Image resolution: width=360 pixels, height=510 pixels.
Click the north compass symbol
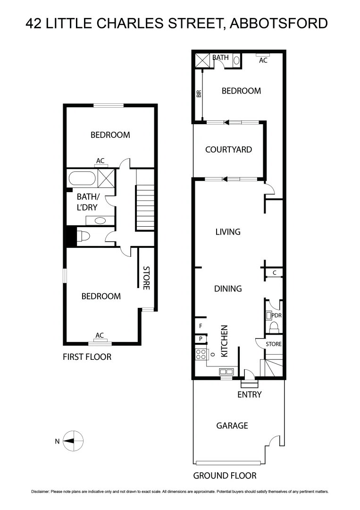point(73,441)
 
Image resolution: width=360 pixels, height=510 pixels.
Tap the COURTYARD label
point(228,150)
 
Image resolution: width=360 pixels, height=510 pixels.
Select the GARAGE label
point(232,425)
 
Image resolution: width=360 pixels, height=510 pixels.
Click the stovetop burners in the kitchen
point(200,354)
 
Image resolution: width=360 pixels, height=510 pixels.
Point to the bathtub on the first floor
point(82,179)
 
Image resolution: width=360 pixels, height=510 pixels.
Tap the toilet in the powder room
point(273,327)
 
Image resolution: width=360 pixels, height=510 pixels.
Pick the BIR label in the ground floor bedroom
point(199,93)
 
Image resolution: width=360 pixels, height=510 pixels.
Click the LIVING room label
point(228,232)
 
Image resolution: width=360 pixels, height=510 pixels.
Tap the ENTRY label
point(249,394)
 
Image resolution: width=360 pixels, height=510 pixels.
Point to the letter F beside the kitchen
point(200,326)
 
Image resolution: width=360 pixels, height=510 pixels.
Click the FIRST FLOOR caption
point(87,357)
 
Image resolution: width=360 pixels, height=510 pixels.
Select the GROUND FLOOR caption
point(225,476)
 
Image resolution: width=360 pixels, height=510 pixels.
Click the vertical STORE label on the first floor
point(146,279)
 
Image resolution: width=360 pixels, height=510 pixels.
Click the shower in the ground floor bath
point(202,60)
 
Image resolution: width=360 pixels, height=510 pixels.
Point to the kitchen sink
point(224,373)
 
